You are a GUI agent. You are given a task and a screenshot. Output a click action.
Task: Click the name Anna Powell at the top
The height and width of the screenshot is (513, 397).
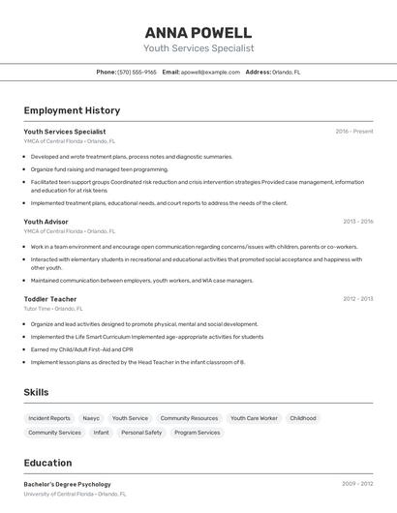point(198,32)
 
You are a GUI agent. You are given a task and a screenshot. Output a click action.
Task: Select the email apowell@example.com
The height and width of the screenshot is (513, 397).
point(210,73)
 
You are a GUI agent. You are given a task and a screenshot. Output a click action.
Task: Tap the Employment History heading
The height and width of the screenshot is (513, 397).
point(72,111)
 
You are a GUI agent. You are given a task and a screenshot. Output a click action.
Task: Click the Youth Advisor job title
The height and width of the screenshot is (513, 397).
point(46,222)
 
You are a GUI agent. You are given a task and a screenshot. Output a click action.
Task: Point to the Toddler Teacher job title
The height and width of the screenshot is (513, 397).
point(49,299)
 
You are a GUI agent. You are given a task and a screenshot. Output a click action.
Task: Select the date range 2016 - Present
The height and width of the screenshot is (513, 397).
point(354,132)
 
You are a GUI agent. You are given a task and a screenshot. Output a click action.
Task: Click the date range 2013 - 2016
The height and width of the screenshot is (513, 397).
point(357,222)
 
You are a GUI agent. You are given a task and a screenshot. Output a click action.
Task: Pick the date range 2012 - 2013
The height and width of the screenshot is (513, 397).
point(357,299)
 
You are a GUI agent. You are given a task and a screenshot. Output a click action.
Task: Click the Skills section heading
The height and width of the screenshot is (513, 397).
point(37,392)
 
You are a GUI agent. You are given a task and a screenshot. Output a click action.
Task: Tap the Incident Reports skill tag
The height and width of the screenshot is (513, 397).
point(49,418)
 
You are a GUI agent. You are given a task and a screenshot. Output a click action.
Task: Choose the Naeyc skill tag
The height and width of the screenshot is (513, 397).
point(91,418)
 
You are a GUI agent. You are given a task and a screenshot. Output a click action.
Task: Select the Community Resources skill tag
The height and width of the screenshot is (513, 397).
point(189,418)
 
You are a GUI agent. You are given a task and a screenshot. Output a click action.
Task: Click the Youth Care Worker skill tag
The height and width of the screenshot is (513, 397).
point(254,418)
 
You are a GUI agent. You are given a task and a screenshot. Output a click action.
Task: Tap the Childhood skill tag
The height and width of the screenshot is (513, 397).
point(303,418)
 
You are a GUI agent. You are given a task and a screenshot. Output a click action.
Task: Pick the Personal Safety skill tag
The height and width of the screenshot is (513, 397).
point(141,433)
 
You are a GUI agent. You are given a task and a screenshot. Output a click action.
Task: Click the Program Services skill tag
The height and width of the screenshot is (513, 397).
point(198,433)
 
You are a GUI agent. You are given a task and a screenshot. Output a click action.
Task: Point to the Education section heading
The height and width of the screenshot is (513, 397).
point(47,463)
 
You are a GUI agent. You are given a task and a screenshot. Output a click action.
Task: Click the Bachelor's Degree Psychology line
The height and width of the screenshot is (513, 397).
point(67,484)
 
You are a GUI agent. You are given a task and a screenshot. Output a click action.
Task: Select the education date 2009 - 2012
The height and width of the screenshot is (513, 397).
point(357,483)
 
